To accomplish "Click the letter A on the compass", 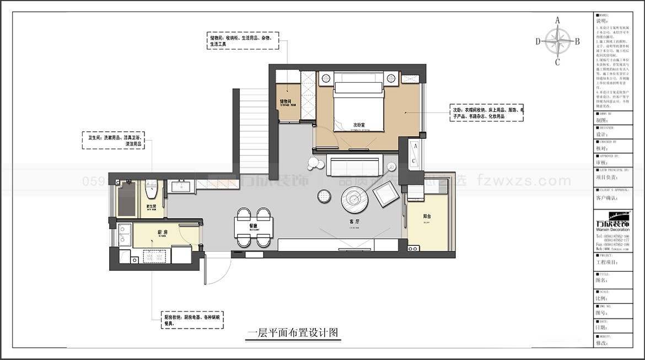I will click(557, 20).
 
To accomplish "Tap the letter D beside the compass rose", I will click(537, 41).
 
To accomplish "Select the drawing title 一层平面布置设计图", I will click(293, 333).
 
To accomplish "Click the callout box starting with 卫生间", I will click(116, 141).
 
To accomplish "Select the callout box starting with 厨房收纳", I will click(191, 320).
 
